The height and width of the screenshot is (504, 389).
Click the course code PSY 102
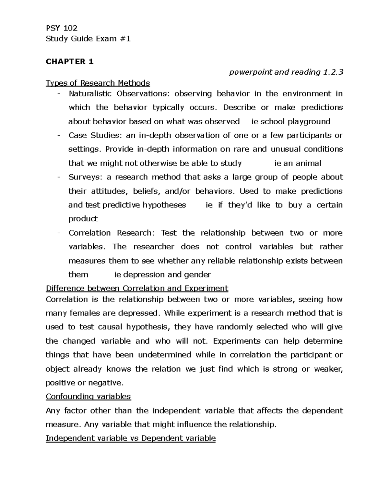click(62, 28)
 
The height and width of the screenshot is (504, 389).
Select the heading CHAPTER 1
click(70, 62)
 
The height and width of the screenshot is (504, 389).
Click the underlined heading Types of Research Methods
click(98, 83)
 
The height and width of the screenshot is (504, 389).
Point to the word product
click(83, 219)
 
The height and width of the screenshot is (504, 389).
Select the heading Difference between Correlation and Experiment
click(137, 289)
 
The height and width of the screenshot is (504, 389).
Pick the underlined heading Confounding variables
click(88, 397)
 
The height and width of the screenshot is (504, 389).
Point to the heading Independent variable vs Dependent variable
click(131, 438)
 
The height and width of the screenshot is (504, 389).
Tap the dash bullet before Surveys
click(58, 177)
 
